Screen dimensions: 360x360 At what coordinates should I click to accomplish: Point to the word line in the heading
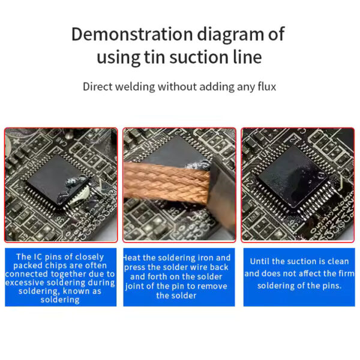point(245,58)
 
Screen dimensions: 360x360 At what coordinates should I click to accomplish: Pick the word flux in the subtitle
point(265,86)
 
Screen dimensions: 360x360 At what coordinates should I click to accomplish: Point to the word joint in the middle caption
point(137,286)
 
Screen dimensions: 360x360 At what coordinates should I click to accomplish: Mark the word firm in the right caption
point(340,274)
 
